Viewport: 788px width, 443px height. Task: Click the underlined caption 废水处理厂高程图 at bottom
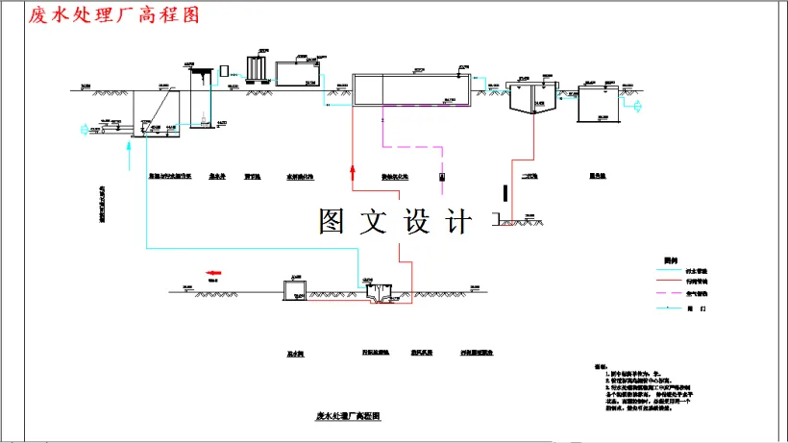click(x=349, y=417)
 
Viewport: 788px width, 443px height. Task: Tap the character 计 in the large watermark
click(x=458, y=222)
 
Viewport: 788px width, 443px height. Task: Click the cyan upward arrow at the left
click(x=126, y=147)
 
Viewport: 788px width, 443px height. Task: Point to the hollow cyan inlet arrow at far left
click(x=83, y=126)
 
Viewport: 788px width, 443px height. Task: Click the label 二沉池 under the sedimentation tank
click(x=528, y=177)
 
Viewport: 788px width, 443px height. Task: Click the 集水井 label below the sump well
click(x=217, y=177)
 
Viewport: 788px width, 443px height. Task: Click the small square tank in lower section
click(x=293, y=289)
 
